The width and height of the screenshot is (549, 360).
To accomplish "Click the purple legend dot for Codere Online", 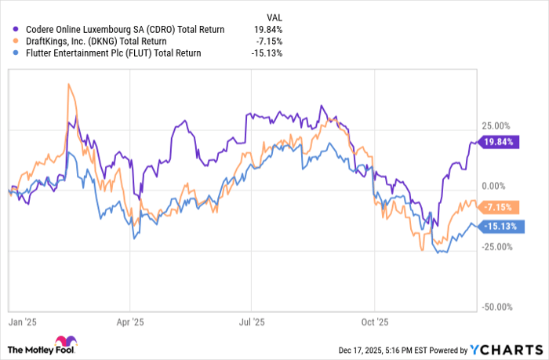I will point(15,29).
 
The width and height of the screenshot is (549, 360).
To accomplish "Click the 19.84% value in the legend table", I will point(268,29).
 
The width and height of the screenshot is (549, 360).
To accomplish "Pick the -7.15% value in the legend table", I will point(270,41).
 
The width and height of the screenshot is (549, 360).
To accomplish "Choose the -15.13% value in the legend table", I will point(268,53).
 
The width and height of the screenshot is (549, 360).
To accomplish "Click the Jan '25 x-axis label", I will point(23,322).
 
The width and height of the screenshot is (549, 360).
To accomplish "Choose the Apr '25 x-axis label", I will point(130,322).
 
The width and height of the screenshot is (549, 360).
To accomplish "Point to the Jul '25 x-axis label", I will point(252,322).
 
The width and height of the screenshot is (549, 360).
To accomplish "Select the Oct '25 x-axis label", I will point(375,322).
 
